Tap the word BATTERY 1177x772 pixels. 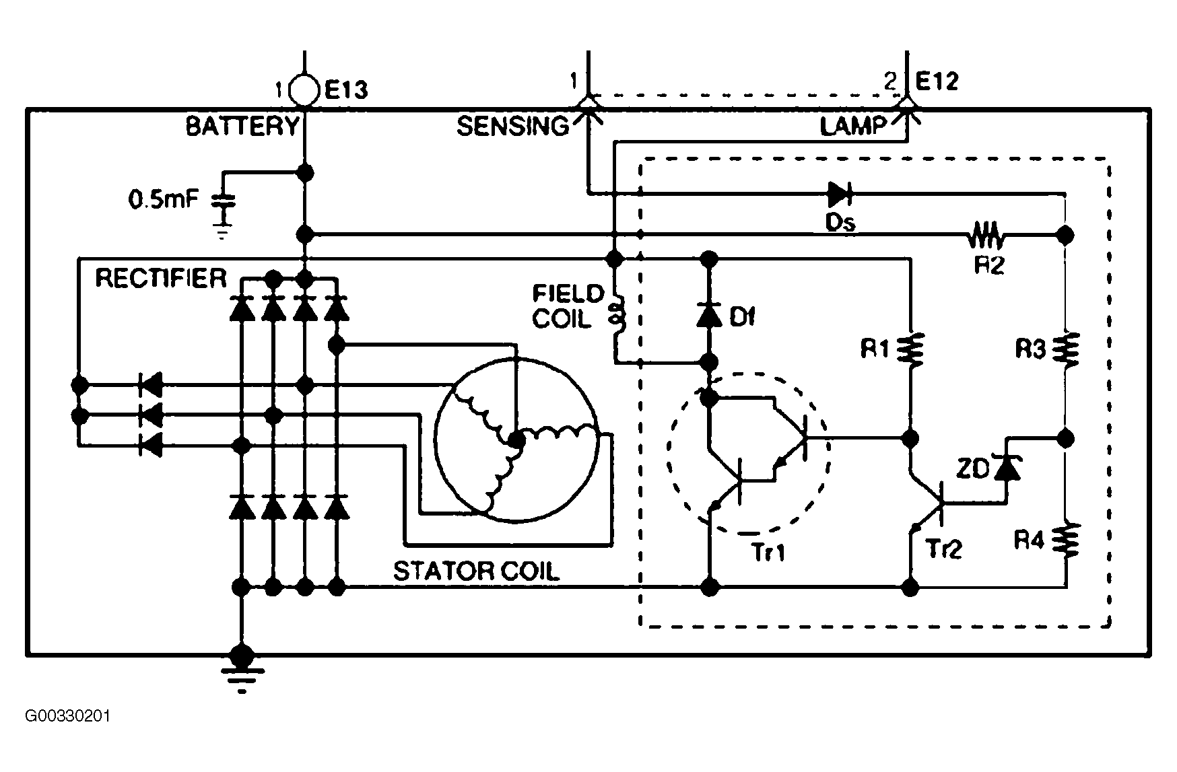click(x=242, y=126)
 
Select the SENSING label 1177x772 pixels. click(x=513, y=126)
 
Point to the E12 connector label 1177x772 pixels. click(x=937, y=82)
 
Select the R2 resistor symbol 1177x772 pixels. click(x=986, y=236)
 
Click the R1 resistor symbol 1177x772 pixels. click(x=911, y=349)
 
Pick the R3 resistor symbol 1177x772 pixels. click(x=1066, y=349)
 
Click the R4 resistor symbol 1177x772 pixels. click(x=1066, y=540)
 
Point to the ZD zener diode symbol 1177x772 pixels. click(x=1007, y=468)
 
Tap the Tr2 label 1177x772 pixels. click(x=943, y=549)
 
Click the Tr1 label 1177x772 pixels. click(x=768, y=552)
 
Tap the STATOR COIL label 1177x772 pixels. click(x=476, y=571)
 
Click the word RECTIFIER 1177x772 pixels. click(x=161, y=278)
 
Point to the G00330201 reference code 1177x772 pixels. click(x=67, y=715)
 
